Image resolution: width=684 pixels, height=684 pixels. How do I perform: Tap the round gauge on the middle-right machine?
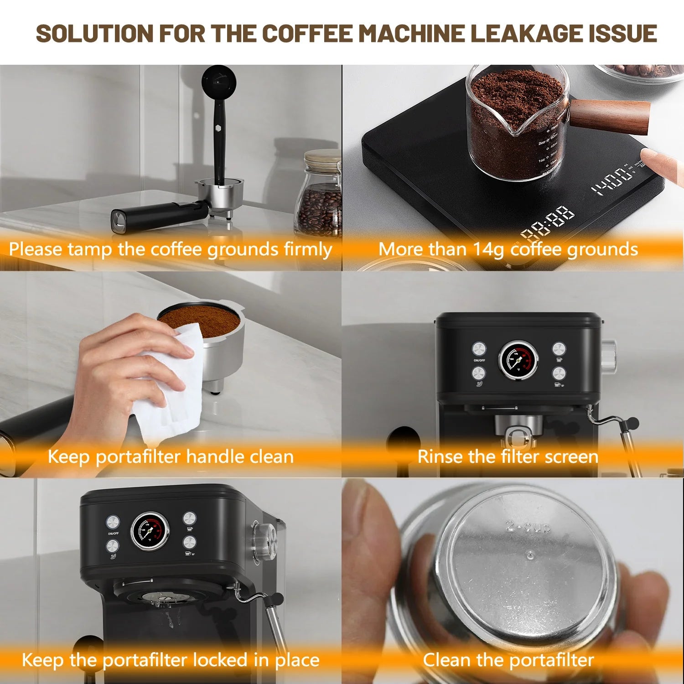pos(518,359)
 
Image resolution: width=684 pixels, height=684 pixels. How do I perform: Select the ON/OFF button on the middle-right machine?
pos(479,349)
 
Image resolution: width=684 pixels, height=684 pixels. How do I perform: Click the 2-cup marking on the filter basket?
pos(529,527)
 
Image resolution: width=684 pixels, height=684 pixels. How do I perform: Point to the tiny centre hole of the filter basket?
pos(530,555)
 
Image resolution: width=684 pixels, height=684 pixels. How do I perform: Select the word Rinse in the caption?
pos(438,456)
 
